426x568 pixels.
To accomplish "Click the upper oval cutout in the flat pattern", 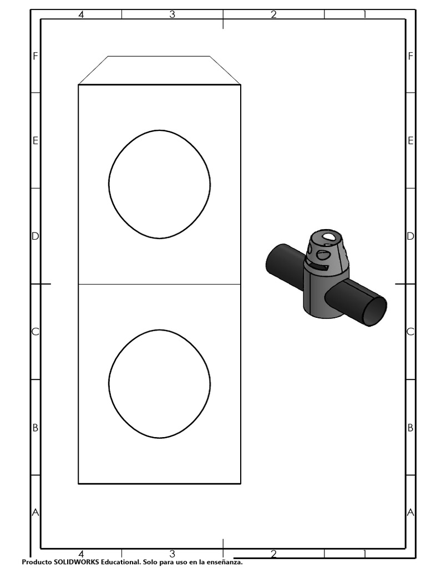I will tap(159, 184).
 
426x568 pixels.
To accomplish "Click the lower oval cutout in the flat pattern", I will tap(159, 384).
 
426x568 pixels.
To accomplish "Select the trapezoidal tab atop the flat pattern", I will tap(159, 70).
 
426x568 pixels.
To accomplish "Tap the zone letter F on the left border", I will tap(35, 56).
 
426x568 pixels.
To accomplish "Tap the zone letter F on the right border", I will tap(410, 56).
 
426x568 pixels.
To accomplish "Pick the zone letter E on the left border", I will tap(35, 141).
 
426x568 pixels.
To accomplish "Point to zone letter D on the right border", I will tap(410, 236).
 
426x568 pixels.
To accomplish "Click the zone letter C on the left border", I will tap(35, 332).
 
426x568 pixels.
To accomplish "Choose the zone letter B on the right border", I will tap(410, 428).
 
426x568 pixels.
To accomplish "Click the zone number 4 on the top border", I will tap(81, 14).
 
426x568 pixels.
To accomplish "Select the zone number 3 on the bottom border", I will tap(172, 554).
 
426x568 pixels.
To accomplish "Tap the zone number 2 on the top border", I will tap(273, 14).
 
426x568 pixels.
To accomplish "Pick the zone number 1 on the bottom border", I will tap(364, 554).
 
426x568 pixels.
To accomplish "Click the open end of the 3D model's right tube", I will tap(374, 311).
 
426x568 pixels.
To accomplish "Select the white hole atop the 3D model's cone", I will tap(329, 237).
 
